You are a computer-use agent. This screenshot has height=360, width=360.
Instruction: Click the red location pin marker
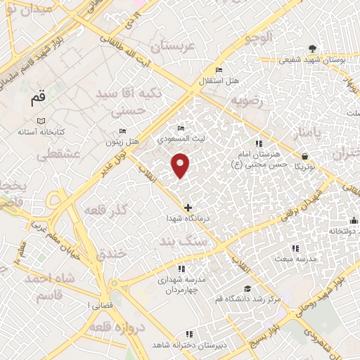[x=181, y=166]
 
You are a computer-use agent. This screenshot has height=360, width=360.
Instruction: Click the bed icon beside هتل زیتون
[x=122, y=131]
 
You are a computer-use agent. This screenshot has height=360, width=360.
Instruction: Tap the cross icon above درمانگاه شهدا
[x=188, y=207]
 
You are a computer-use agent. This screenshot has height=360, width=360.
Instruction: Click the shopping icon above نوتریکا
[x=304, y=156]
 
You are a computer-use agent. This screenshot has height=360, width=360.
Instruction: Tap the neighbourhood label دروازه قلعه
[x=121, y=328]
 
